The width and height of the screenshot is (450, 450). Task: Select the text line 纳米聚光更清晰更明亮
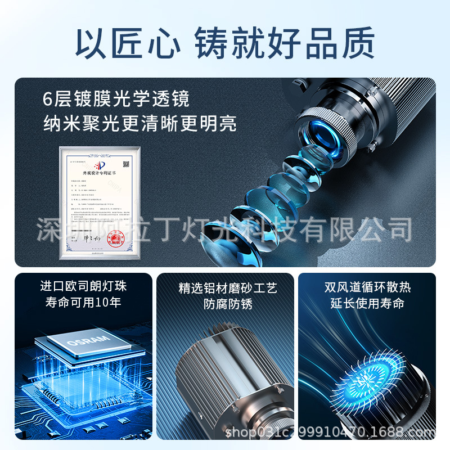pyautogui.click(x=140, y=122)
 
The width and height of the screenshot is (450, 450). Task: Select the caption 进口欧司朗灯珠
pyautogui.click(x=83, y=286)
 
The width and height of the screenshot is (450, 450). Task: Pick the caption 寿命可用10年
pyautogui.click(x=83, y=303)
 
